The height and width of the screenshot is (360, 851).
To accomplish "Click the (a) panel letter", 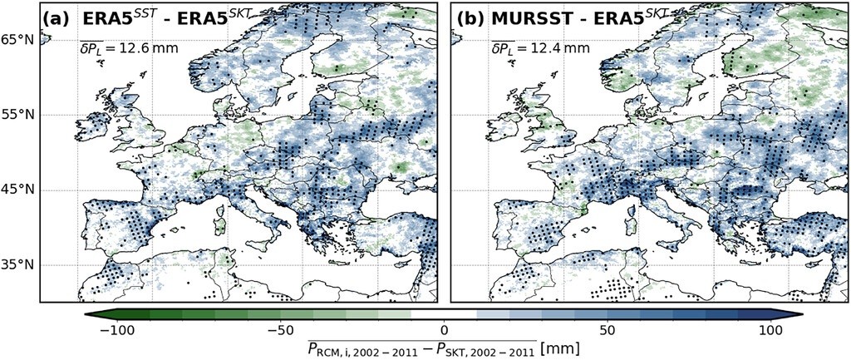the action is tap(56, 19).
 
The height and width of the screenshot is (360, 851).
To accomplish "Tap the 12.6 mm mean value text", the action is tap(148, 49).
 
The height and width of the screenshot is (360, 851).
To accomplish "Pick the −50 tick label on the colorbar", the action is tap(280, 331).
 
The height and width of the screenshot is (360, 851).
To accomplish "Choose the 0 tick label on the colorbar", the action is tap(444, 331).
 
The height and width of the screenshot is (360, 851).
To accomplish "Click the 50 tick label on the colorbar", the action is tap(608, 331).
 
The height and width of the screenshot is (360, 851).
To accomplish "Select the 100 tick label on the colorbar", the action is tap(770, 331).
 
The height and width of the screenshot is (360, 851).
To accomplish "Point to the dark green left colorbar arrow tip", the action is tap(85, 314).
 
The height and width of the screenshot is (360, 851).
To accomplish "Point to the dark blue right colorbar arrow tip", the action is tap(804, 314).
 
